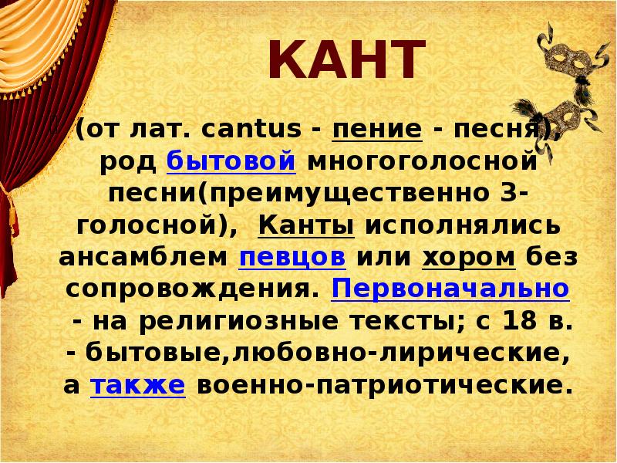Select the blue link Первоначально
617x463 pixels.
(x=450, y=288)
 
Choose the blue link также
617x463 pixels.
(x=138, y=384)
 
